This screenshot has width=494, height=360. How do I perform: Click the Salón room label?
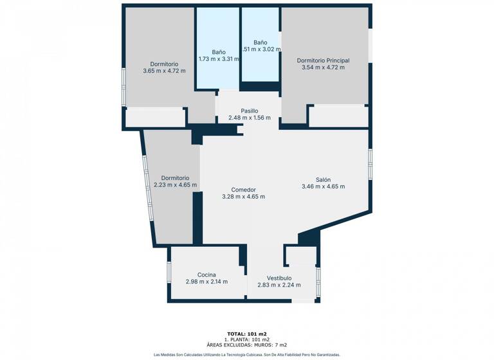click(323, 179)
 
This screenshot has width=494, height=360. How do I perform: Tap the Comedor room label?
click(243, 190)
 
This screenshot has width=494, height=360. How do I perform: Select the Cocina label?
click(206, 274)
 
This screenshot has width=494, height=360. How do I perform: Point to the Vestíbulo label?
click(279, 278)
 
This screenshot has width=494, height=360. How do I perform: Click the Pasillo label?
click(249, 111)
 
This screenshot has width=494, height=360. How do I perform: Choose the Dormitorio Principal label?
click(323, 60)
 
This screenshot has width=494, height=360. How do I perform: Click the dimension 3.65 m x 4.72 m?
click(164, 71)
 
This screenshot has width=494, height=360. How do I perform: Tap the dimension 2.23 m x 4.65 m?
click(175, 185)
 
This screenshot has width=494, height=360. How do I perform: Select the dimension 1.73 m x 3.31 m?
click(218, 59)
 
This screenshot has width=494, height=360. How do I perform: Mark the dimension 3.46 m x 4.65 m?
click(323, 186)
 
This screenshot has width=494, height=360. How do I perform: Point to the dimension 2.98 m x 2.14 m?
click(206, 282)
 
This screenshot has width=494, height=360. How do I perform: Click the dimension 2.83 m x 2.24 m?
click(279, 285)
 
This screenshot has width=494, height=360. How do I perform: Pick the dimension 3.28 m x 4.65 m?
click(243, 197)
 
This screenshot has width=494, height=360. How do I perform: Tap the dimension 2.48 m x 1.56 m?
click(249, 118)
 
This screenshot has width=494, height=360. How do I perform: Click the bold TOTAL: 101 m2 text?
click(246, 334)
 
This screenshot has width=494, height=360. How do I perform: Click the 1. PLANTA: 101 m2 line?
click(246, 339)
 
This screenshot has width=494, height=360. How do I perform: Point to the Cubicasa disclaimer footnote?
click(246, 354)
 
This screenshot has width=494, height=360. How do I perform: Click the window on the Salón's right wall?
click(370, 164)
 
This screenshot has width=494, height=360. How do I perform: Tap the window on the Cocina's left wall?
click(169, 271)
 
